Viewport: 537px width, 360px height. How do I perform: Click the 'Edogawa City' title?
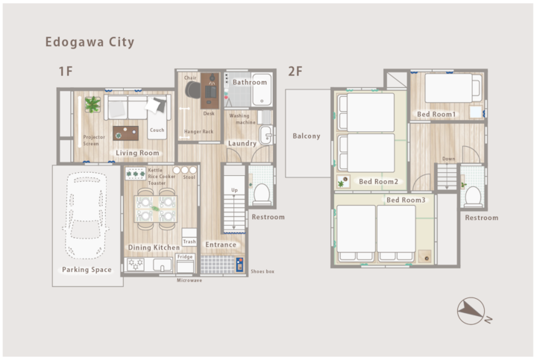(x=89, y=42)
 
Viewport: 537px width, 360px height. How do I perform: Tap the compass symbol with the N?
(x=473, y=311)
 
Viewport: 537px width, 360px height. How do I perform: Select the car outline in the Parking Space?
(x=86, y=215)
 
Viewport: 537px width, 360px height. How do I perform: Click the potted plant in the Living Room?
(x=92, y=104)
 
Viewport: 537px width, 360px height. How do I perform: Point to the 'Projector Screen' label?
(x=94, y=140)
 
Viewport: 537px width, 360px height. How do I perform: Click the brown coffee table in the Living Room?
(x=126, y=133)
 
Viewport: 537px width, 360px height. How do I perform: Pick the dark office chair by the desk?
(x=193, y=90)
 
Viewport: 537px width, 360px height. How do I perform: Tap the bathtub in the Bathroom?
(x=262, y=89)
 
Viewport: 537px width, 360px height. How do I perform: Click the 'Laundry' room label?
(x=242, y=143)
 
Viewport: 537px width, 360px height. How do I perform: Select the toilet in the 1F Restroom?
(x=262, y=195)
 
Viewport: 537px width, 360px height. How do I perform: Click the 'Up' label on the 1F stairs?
(x=234, y=190)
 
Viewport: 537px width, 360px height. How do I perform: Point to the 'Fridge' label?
(x=185, y=256)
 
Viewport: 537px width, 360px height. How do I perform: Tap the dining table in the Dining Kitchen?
(x=156, y=209)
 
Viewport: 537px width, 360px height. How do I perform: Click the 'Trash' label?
(x=189, y=241)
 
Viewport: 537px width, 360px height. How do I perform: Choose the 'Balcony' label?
(x=307, y=136)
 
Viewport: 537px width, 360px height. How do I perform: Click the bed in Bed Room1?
(x=453, y=88)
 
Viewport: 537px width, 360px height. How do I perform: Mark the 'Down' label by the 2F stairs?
(x=449, y=159)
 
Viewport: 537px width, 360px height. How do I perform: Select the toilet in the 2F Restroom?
(x=473, y=197)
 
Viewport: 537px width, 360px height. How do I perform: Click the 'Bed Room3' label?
(x=406, y=200)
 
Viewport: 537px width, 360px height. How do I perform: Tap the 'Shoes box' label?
(x=263, y=271)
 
